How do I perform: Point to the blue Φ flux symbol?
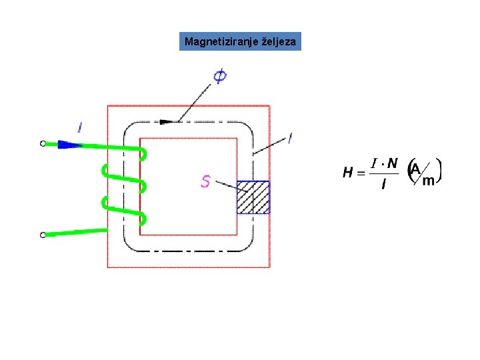click(x=219, y=77)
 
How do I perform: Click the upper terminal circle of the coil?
click(x=43, y=143)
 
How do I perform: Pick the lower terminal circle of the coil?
click(x=43, y=235)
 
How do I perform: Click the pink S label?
click(x=206, y=181)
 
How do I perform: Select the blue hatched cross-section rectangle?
click(x=253, y=197)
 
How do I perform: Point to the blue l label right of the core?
click(x=290, y=139)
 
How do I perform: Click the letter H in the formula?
click(x=348, y=173)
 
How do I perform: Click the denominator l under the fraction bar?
click(x=383, y=185)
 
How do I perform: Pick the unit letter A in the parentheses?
click(x=415, y=169)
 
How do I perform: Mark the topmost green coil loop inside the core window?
click(x=143, y=155)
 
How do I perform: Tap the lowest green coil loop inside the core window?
click(x=143, y=218)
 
